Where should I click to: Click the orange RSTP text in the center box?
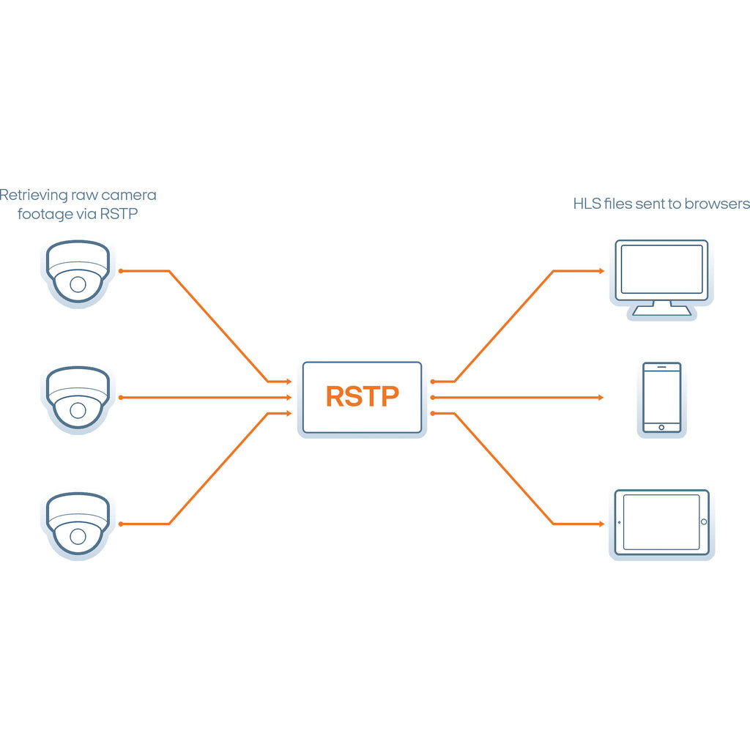(x=362, y=396)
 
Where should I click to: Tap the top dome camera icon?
(x=78, y=272)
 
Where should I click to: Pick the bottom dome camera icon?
(x=78, y=524)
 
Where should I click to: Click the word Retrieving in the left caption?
(x=34, y=195)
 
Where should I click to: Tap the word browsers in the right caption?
(x=717, y=204)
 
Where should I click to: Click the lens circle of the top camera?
(x=78, y=285)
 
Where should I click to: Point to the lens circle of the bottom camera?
(x=78, y=537)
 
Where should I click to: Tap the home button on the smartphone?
(x=661, y=427)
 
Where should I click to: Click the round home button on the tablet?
(x=704, y=521)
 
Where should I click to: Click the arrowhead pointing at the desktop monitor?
(x=601, y=271)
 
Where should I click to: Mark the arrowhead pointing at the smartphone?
(x=601, y=398)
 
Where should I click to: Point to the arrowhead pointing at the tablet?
(x=601, y=524)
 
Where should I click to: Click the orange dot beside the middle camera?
(x=121, y=398)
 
